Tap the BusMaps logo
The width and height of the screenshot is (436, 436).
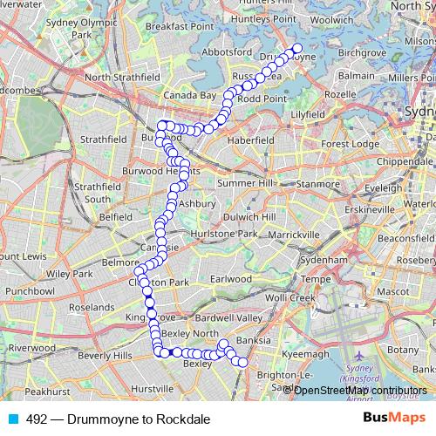[x=394, y=419]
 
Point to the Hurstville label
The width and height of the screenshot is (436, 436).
[x=152, y=387]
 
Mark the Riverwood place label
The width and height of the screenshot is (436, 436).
[x=33, y=347]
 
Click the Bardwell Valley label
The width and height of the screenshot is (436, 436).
[x=228, y=318]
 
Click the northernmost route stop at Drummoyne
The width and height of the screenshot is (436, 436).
[x=297, y=49]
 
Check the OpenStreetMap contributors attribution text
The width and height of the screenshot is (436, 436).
[x=360, y=390]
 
